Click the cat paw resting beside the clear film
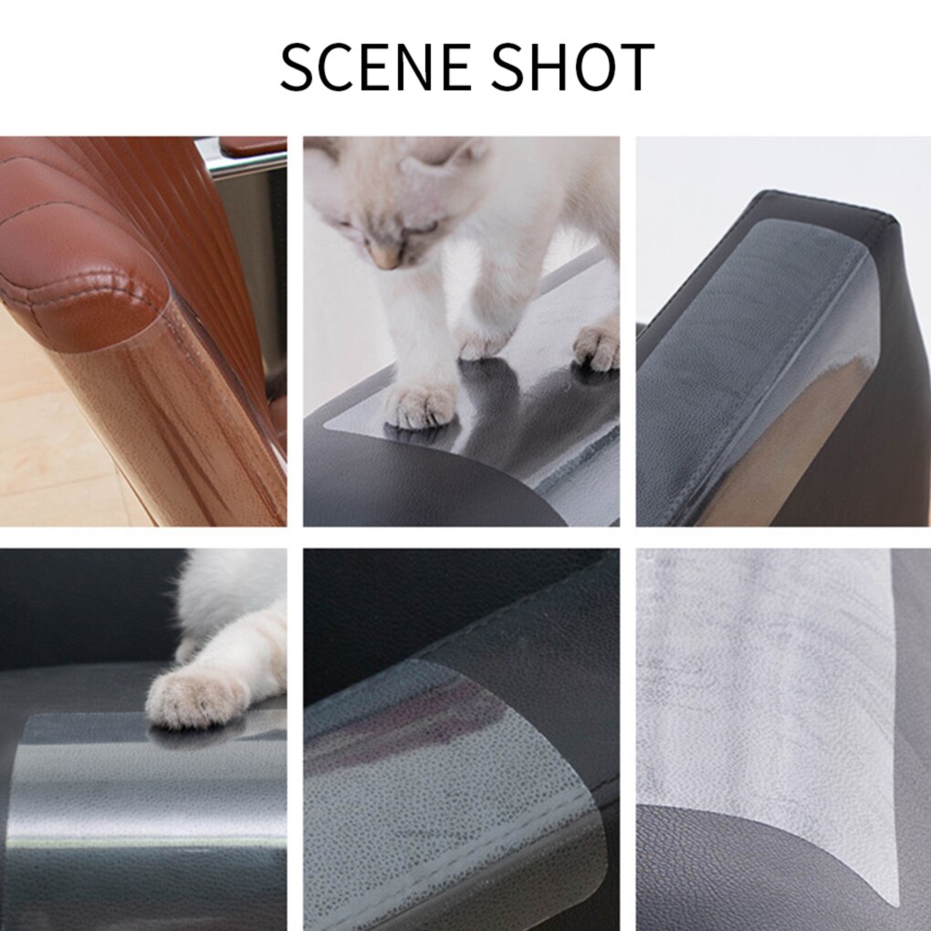[x=195, y=697]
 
